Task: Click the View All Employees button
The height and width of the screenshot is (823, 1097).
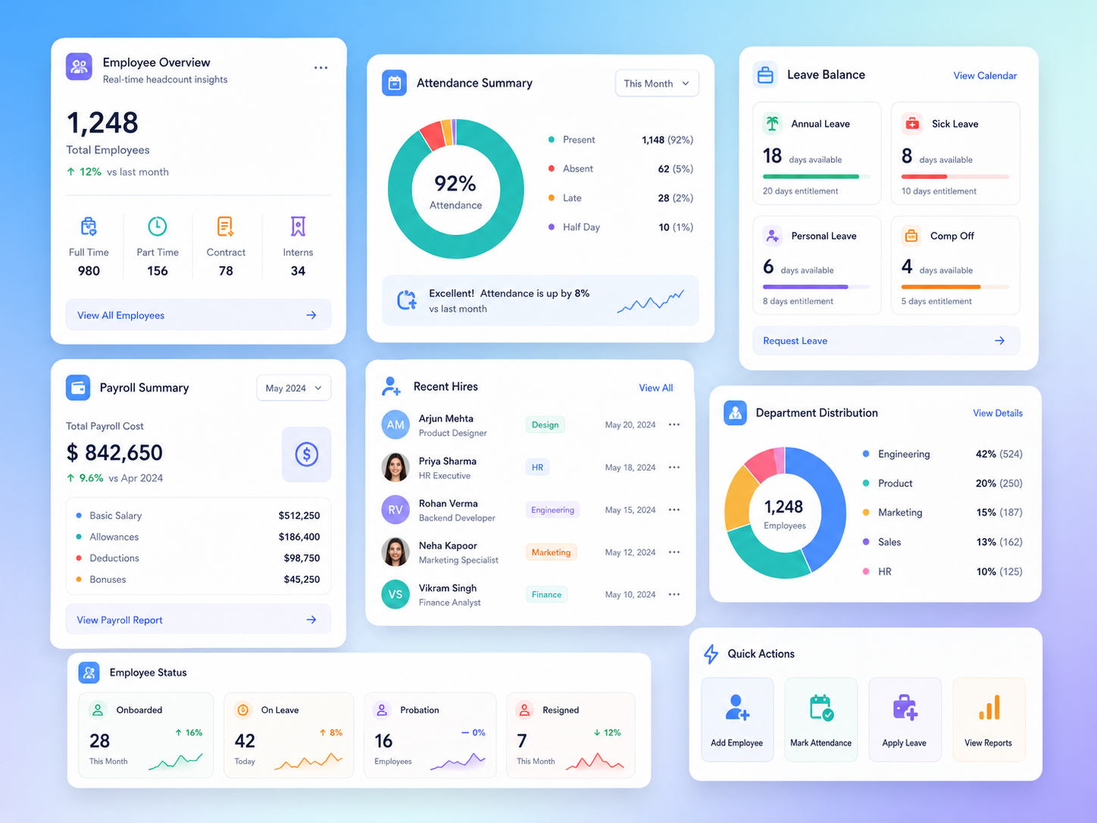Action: [x=198, y=314]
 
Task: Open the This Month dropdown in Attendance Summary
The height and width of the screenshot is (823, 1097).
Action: [x=657, y=83]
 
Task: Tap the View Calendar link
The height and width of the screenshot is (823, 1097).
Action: [x=985, y=76]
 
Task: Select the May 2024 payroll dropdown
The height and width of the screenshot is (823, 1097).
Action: [x=293, y=388]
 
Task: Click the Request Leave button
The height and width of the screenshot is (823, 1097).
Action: [x=886, y=341]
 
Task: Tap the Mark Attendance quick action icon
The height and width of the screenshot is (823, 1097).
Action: [x=821, y=708]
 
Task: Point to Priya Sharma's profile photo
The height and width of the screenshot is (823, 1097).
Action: [x=395, y=468]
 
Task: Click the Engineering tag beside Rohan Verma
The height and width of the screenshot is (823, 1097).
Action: [x=552, y=510]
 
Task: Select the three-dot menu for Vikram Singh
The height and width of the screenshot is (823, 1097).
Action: [x=674, y=594]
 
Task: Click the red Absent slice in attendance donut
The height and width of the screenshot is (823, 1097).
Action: [x=432, y=136]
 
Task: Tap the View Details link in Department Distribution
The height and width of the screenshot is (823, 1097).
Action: [x=997, y=413]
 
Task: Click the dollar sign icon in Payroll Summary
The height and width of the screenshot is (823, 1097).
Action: [x=306, y=454]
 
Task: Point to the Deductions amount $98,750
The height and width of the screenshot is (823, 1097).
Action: [x=302, y=558]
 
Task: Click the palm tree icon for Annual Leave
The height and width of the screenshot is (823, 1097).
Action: [x=772, y=124]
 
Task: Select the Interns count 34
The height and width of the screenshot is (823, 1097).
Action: [x=298, y=271]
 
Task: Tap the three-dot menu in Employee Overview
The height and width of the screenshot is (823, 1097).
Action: [x=321, y=67]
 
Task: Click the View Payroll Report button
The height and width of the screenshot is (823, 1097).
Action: [x=198, y=620]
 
